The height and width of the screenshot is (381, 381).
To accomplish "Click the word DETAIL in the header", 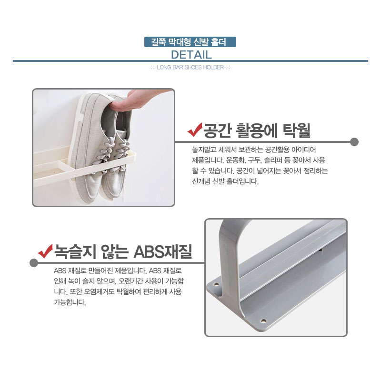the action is [x=191, y=55].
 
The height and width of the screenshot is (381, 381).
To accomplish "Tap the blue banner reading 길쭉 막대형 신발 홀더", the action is [x=190, y=42].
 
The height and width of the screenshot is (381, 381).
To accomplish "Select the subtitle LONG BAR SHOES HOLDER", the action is [x=190, y=67].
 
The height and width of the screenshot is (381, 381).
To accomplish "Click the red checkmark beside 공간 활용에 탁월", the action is [x=195, y=130].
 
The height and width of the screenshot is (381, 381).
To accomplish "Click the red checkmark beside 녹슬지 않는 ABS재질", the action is [x=45, y=251].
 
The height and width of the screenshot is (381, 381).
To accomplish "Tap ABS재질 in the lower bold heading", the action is [x=163, y=252].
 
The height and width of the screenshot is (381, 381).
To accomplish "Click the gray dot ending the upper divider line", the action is [x=354, y=142].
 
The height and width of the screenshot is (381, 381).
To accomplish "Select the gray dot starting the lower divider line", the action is [x=34, y=263].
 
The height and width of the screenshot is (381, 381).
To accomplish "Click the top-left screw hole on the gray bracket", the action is [x=216, y=284].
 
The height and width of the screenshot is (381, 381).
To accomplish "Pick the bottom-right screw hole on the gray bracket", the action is [x=263, y=321].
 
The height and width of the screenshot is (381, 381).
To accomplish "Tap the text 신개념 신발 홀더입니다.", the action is [x=225, y=181].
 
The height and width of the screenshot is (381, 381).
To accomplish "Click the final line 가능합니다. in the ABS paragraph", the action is [x=70, y=302].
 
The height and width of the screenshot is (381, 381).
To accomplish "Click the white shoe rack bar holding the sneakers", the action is [x=85, y=166].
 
